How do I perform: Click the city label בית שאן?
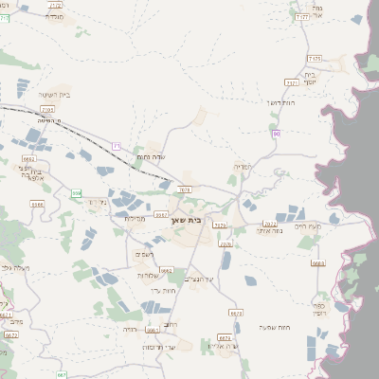pyautogui.click(x=189, y=220)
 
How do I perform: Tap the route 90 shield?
pyautogui.click(x=276, y=135)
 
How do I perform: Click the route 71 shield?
pyautogui.click(x=117, y=146)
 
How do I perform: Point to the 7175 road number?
pyautogui.click(x=315, y=58)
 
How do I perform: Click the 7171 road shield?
pyautogui.click(x=292, y=83)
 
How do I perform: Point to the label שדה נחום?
pyautogui.click(x=152, y=156)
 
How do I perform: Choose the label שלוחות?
pyautogui.click(x=149, y=275)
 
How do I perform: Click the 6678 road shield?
pyautogui.click(x=235, y=312)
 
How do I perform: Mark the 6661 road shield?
pyautogui.click(x=166, y=270)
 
